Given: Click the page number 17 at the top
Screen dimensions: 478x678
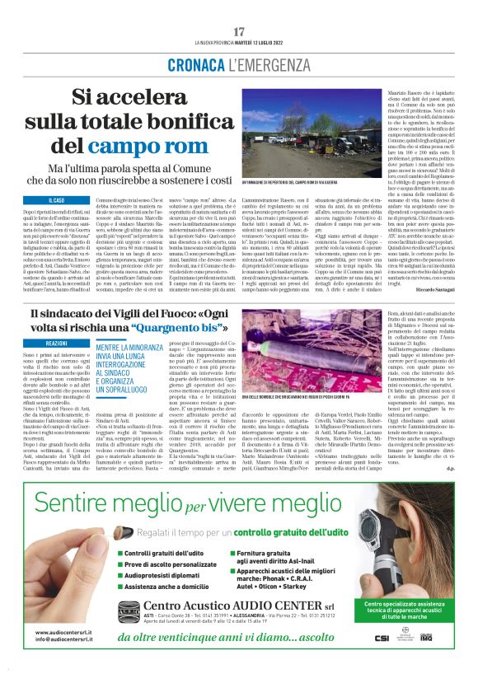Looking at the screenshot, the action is [x=239, y=32].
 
